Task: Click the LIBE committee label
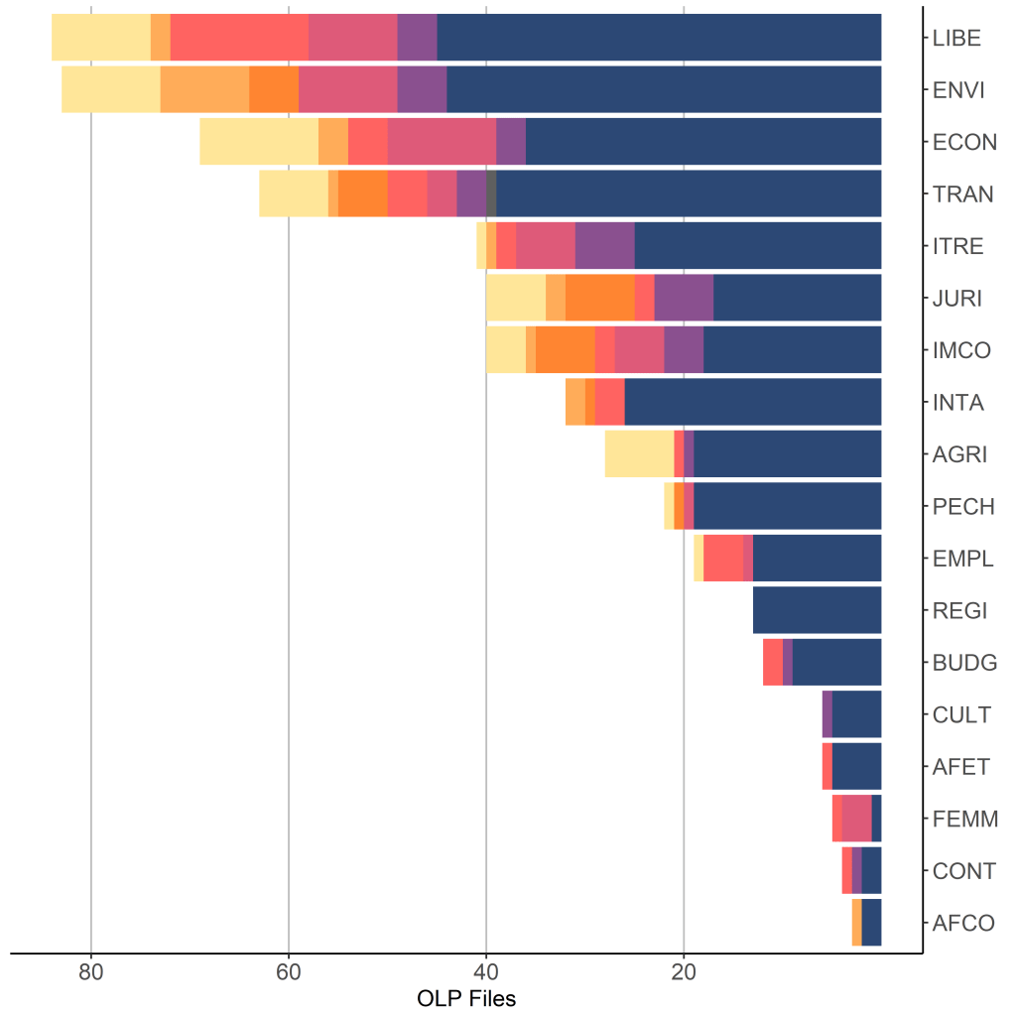pyautogui.click(x=956, y=39)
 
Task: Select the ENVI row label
pyautogui.click(x=958, y=90)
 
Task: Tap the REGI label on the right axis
pyautogui.click(x=958, y=610)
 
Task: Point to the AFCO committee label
pyautogui.click(x=963, y=923)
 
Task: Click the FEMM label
pyautogui.click(x=963, y=820)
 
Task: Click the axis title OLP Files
pyautogui.click(x=466, y=998)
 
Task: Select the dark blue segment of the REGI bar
pyautogui.click(x=818, y=610)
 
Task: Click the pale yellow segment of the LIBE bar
pyautogui.click(x=101, y=38)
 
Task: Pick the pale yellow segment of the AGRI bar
pyautogui.click(x=639, y=454)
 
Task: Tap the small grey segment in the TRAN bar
pyautogui.click(x=491, y=193)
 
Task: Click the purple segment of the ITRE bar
pyautogui.click(x=604, y=246)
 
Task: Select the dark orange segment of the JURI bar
pyautogui.click(x=599, y=298)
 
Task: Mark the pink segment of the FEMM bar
pyautogui.click(x=856, y=819)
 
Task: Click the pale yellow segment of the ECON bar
pyautogui.click(x=259, y=142)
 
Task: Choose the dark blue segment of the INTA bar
pyautogui.click(x=753, y=402)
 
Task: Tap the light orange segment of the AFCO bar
pyautogui.click(x=857, y=923)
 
